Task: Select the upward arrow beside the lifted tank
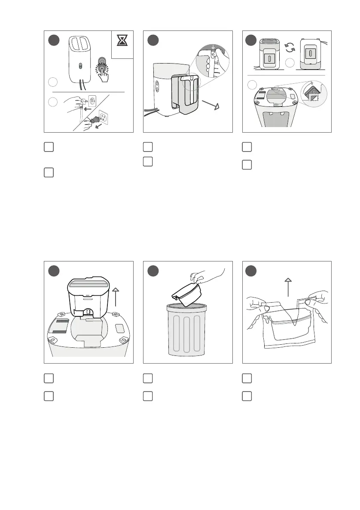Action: coord(116,303)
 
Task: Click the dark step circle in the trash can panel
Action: coord(153,271)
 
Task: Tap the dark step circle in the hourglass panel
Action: coord(53,40)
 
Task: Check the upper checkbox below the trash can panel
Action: coord(147,378)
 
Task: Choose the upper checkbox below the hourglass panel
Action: coord(48,147)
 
